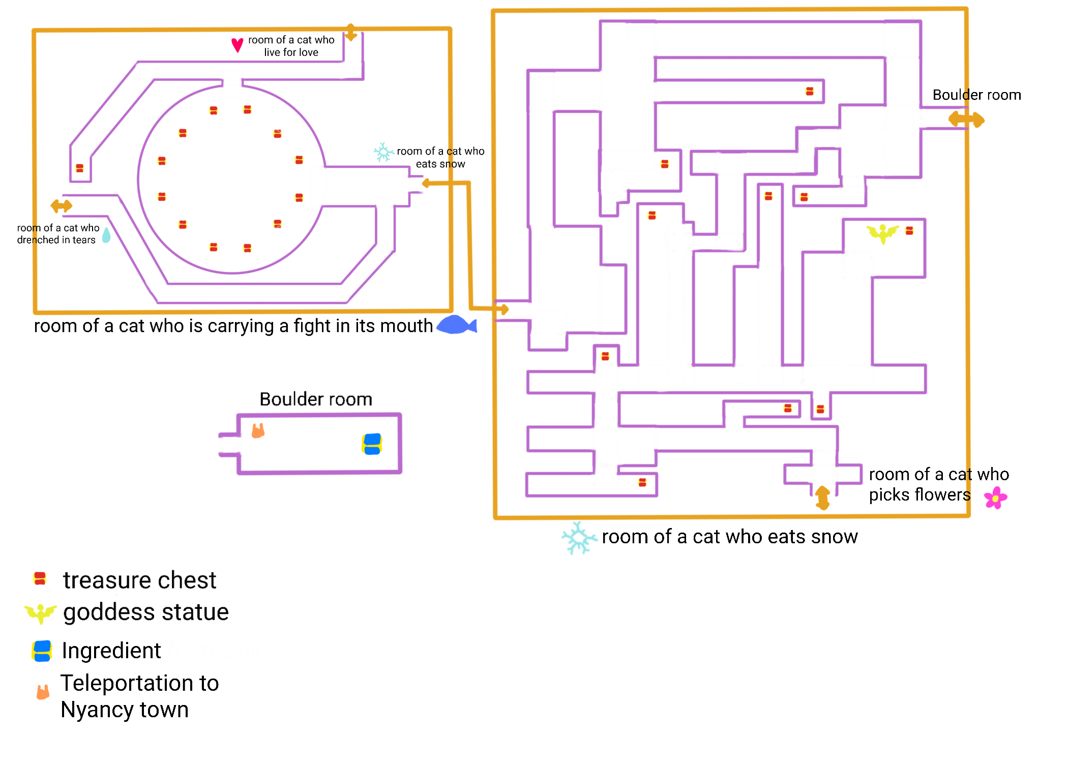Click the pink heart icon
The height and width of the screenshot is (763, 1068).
pos(237,45)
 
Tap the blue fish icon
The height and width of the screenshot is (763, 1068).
pos(456,325)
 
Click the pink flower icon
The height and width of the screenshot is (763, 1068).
pos(995,497)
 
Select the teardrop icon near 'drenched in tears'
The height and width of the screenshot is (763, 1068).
pos(106,235)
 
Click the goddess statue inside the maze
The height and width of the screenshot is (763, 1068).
pos(882,233)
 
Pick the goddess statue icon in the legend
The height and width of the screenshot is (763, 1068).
pos(41,612)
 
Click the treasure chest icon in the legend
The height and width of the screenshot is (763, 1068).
pos(40,579)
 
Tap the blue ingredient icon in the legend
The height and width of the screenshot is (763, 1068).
pos(42,651)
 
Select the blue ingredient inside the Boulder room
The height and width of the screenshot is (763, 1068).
pos(372,444)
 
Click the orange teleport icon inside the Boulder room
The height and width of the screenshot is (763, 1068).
pos(258,431)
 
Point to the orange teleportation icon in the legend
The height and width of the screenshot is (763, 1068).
pos(43,692)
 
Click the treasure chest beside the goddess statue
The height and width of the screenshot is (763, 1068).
pos(909,231)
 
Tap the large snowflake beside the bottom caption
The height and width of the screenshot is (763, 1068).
pos(578,538)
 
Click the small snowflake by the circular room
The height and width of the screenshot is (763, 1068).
pos(383,152)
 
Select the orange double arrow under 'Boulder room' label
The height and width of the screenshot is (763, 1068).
pos(966,120)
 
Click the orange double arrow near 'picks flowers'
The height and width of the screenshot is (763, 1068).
pos(822,497)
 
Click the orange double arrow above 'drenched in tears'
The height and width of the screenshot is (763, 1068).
pos(62,206)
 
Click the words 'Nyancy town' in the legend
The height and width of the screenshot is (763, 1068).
pos(125,710)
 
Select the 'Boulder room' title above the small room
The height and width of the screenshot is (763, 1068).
pos(316,399)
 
